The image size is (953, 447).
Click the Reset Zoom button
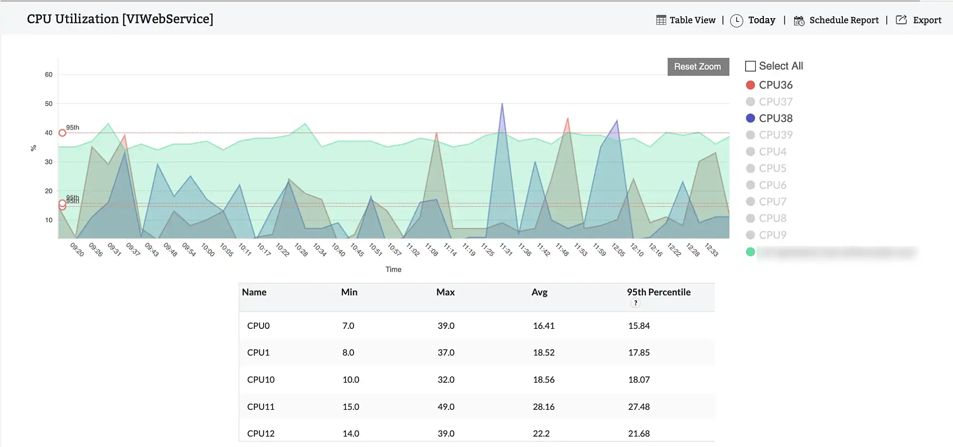pyautogui.click(x=698, y=67)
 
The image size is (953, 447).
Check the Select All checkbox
pyautogui.click(x=750, y=66)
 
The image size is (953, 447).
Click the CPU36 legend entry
pyautogui.click(x=775, y=85)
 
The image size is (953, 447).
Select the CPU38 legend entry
pyautogui.click(x=775, y=118)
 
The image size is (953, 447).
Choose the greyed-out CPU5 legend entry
pyautogui.click(x=772, y=168)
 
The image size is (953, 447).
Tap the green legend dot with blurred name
pyautogui.click(x=750, y=252)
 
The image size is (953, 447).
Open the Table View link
pyautogui.click(x=686, y=20)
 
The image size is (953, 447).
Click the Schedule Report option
pyautogui.click(x=836, y=20)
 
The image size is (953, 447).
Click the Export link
pyautogui.click(x=919, y=20)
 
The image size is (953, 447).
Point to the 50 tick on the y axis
pyautogui.click(x=49, y=103)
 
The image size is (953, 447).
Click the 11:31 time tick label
pyautogui.click(x=506, y=249)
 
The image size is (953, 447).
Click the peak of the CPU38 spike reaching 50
pyautogui.click(x=502, y=104)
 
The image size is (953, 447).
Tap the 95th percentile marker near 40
pyautogui.click(x=62, y=133)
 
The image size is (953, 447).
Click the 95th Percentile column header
pyautogui.click(x=659, y=292)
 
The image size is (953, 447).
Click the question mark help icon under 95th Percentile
pyautogui.click(x=635, y=303)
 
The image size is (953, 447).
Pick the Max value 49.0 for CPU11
pyautogui.click(x=446, y=406)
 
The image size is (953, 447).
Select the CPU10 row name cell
pyautogui.click(x=261, y=380)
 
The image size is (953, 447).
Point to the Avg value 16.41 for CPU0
pyautogui.click(x=544, y=326)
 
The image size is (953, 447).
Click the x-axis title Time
pyautogui.click(x=393, y=269)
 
